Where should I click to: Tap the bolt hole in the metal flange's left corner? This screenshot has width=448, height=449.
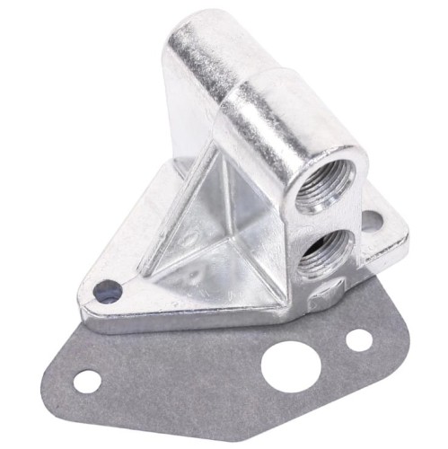tap(107, 291)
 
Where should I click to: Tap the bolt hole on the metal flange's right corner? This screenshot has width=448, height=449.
tap(371, 219)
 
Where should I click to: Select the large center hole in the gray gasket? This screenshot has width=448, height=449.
tap(286, 367)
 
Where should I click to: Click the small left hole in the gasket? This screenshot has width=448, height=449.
tap(87, 380)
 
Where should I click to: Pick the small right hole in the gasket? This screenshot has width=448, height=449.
tap(358, 340)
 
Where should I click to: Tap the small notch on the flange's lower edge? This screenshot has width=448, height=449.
tap(330, 290)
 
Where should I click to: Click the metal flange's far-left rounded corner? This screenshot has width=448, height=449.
tap(85, 296)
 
